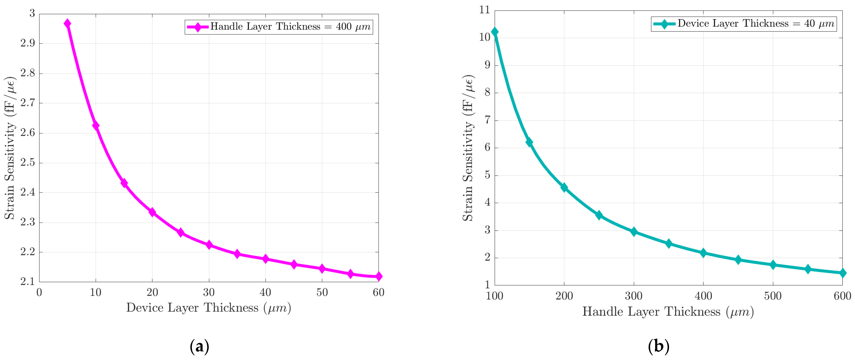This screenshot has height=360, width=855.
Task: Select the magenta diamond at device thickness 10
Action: coord(96,126)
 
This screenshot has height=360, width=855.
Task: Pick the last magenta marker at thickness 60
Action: coord(378,276)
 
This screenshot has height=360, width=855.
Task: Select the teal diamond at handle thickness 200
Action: coord(564,188)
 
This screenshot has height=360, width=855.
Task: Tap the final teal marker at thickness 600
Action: coord(842,273)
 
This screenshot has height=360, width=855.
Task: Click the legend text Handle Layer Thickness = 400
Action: coord(290,27)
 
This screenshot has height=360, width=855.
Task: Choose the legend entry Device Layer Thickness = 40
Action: coord(755,24)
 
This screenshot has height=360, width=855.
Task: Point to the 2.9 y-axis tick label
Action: coord(28,43)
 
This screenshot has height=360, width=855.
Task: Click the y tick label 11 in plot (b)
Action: coord(485,10)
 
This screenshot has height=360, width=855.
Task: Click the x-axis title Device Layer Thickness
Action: coord(208,308)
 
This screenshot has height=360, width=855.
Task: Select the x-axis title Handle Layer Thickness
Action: coord(668,312)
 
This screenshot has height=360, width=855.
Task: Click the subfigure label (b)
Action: coord(659,346)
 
